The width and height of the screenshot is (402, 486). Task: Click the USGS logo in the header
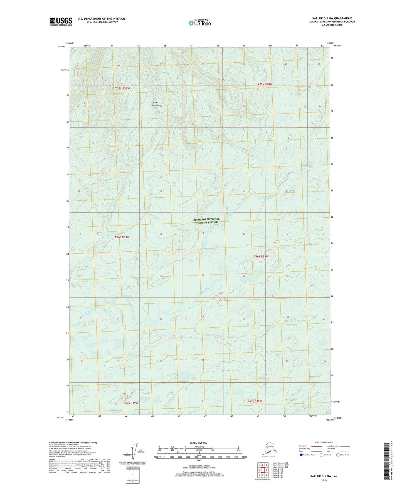coord(61,21)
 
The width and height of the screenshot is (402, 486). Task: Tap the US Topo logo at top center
coord(199,23)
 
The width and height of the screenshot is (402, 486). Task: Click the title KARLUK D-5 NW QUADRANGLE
coord(332,18)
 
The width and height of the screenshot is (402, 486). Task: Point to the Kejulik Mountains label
coord(156,104)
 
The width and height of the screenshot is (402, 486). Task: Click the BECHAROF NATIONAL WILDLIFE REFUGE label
coord(206,221)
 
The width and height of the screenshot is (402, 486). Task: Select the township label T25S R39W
coord(122,89)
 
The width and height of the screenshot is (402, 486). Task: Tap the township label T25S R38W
coord(265,84)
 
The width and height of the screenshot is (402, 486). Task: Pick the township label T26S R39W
coord(122,237)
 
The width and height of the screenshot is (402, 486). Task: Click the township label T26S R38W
coord(261,256)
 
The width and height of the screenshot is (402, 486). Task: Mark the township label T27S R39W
coord(130,403)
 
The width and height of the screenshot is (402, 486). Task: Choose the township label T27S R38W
coord(255,401)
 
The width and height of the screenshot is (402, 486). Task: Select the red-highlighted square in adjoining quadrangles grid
coord(263,470)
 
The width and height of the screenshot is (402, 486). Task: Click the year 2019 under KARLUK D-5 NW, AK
coord(324,480)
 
